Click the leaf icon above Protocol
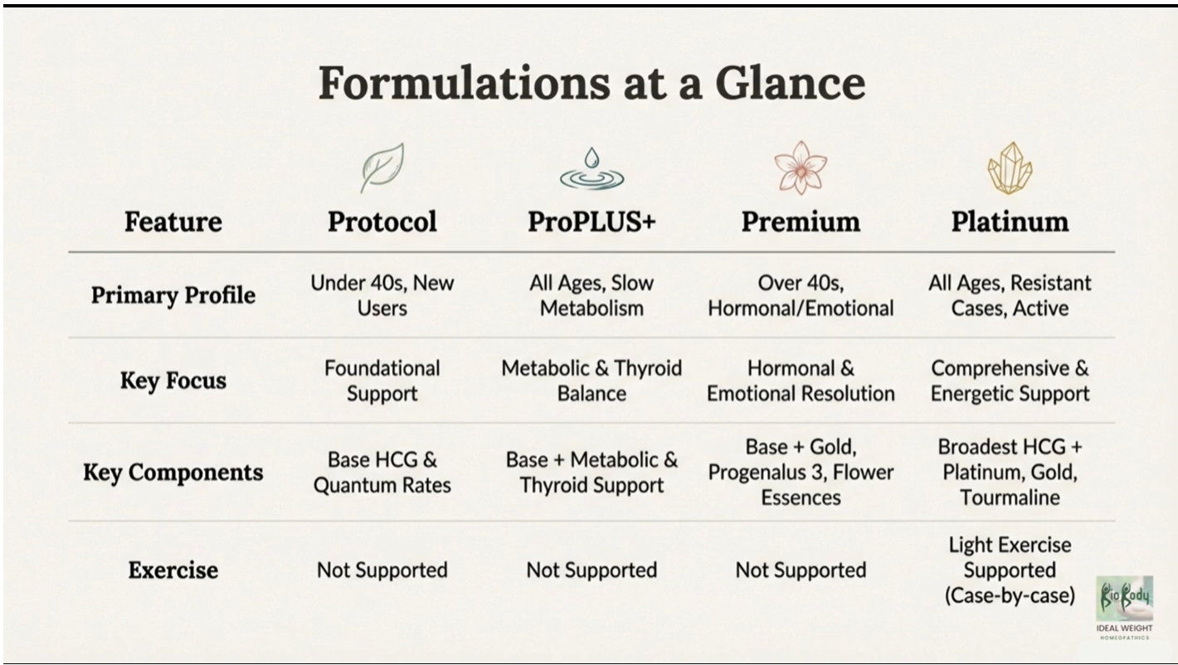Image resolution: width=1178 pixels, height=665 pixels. pos(382,167)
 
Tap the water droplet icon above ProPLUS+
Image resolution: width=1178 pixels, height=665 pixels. pos(591,168)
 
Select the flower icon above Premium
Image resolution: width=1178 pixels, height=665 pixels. pos(801,167)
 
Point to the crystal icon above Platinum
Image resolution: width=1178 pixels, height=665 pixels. pos(1010,168)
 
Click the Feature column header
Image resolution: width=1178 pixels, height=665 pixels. pos(173,222)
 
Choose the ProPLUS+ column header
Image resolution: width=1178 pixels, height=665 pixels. pos(591,221)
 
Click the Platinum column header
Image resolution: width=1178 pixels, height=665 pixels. pos(1010,222)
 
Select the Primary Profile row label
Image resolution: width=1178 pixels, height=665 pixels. pos(173,295)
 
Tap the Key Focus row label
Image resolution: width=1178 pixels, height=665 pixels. pos(173,381)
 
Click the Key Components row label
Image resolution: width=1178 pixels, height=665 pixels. pos(173,472)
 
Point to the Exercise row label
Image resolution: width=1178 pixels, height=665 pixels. pos(173,570)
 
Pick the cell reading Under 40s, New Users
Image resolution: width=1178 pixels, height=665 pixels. pos(382,295)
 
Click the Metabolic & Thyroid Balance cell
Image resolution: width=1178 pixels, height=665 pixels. pos(591,381)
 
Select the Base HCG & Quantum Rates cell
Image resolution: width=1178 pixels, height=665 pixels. pos(382,472)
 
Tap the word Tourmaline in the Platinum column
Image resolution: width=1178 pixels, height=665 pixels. pos(1010,498)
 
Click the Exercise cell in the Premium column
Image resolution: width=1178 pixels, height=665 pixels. pos(801,570)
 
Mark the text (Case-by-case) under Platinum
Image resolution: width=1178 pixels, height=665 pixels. pos(1010,595)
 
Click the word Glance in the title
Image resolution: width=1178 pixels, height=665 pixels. pos(791,83)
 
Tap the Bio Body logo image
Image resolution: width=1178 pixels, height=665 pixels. pos(1124,599)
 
